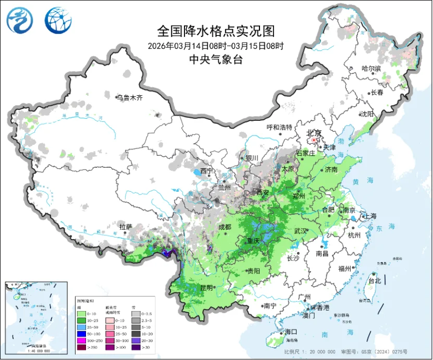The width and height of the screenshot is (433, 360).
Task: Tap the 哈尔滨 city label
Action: pyautogui.click(x=371, y=68)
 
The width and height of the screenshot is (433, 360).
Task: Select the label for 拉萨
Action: pyautogui.click(x=126, y=227)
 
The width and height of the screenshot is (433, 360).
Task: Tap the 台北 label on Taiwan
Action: pyautogui.click(x=374, y=280)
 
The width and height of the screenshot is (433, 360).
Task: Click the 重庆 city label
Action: pyautogui.click(x=253, y=241)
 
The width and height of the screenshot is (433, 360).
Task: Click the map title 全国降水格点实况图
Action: pyautogui.click(x=215, y=31)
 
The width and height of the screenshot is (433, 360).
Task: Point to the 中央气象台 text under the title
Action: pyautogui.click(x=215, y=59)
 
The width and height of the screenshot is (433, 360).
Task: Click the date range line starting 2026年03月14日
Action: pyautogui.click(x=215, y=46)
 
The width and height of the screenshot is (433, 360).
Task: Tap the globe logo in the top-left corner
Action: pyautogui.click(x=56, y=20)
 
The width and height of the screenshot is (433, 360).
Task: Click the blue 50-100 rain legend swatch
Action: pyautogui.click(x=81, y=333)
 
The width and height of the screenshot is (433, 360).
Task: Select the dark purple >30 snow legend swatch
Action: pyautogui.click(x=136, y=347)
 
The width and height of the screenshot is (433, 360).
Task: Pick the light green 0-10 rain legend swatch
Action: pyautogui.click(x=81, y=314)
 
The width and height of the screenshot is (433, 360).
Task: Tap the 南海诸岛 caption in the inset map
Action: pyautogui.click(x=35, y=346)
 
